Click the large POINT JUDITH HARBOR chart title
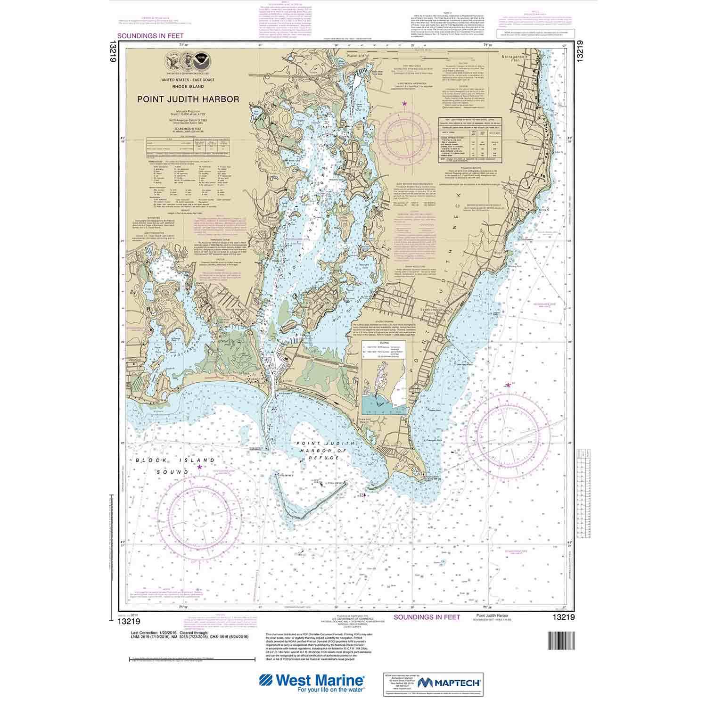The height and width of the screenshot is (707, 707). click(x=188, y=99)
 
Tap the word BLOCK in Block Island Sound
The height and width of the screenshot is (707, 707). click(x=147, y=460)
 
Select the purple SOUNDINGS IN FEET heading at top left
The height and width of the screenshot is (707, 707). click(x=150, y=36)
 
